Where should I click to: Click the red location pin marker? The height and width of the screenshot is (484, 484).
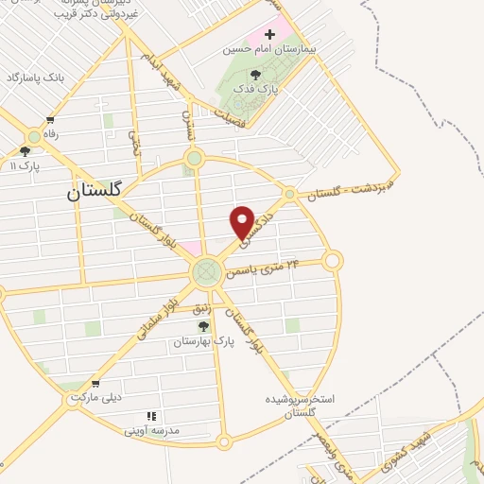click(243, 222)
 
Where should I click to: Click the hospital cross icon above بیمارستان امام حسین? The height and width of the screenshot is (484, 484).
click(269, 34)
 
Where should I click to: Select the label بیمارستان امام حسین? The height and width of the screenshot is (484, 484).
click(268, 48)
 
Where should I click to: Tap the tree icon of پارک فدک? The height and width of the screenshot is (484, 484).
click(255, 74)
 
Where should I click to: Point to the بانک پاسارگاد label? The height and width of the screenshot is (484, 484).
click(37, 78)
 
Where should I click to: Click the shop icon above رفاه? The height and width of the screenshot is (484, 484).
click(50, 120)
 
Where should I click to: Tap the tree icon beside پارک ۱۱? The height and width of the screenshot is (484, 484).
click(25, 151)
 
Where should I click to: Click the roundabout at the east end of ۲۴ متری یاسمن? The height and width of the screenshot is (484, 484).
click(332, 260)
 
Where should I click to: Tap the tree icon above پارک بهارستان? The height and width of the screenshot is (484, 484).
click(203, 326)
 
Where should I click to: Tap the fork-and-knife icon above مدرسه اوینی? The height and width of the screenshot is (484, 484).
click(150, 416)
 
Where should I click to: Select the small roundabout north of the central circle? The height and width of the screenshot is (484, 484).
click(194, 159)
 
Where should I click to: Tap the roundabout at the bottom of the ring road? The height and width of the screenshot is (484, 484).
click(224, 441)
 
